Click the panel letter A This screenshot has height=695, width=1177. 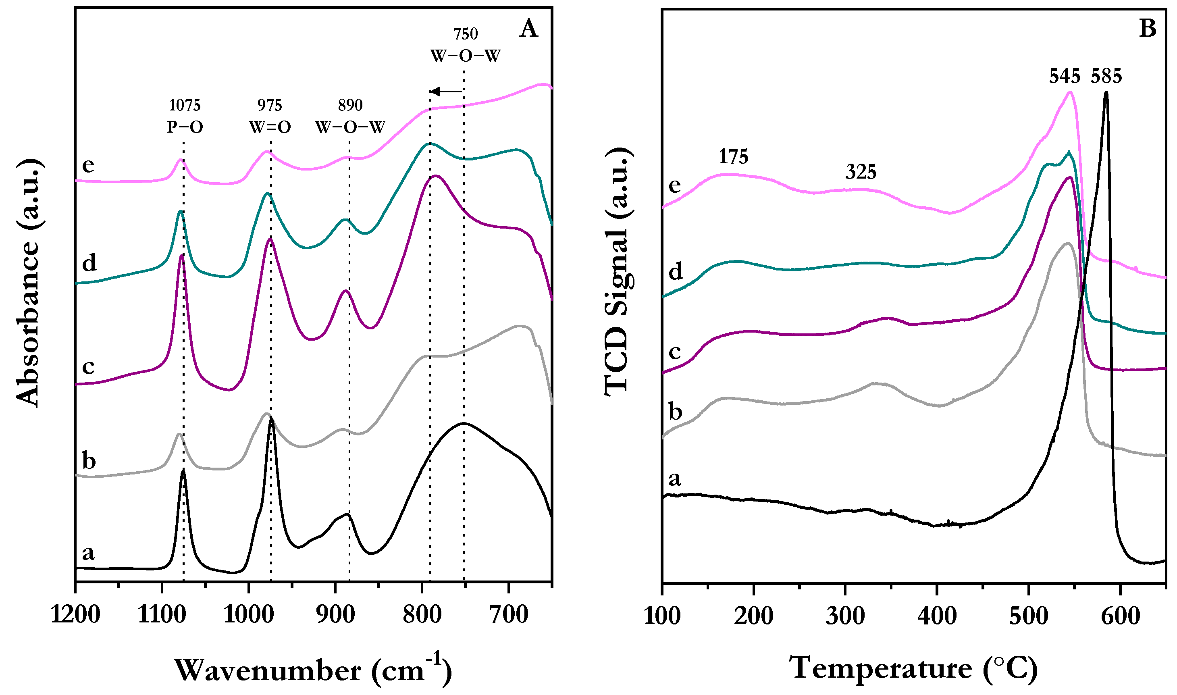click(529, 29)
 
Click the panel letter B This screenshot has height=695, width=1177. click(1148, 29)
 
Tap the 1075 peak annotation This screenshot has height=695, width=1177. click(185, 105)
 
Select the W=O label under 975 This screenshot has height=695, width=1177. click(270, 127)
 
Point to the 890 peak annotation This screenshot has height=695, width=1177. click(350, 105)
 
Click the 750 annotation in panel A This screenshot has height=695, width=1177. click(466, 34)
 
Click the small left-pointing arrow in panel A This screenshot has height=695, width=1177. click(446, 92)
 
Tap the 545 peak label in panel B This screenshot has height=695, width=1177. click(1064, 76)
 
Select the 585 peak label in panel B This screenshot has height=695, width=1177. click(1106, 76)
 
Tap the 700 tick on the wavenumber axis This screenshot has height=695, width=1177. click(509, 615)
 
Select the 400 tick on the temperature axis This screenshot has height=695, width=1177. click(937, 616)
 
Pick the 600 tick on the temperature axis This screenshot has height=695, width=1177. click(1120, 616)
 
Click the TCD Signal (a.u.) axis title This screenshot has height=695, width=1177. click(618, 272)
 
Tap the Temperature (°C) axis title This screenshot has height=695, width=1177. click(913, 668)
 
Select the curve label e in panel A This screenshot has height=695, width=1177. click(88, 165)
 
